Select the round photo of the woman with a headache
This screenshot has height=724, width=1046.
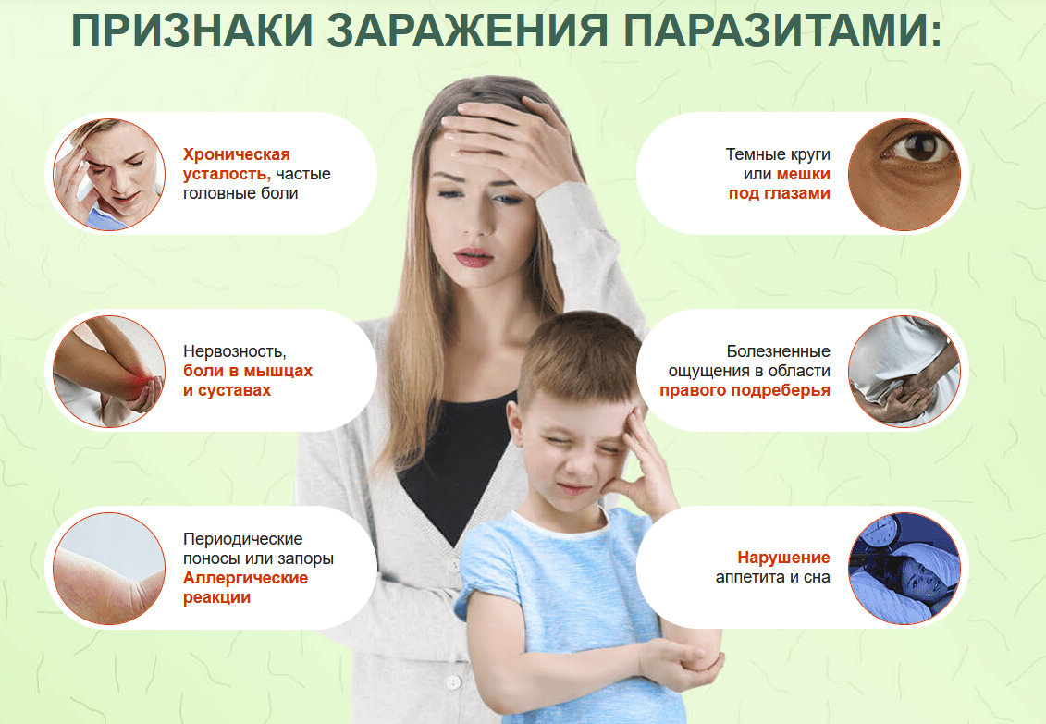(x=109, y=174)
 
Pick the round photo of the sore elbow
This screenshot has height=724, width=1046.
(x=109, y=371)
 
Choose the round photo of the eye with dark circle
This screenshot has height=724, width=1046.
(x=904, y=174)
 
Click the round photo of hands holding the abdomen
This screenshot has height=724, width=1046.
(x=904, y=371)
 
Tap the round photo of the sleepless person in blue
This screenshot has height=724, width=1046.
(x=904, y=568)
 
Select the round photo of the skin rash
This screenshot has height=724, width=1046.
(x=109, y=568)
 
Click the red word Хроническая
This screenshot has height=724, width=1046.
(x=237, y=154)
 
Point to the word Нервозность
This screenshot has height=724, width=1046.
(x=235, y=351)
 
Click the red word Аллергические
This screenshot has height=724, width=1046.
(x=245, y=578)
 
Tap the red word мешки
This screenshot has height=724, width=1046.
(x=803, y=174)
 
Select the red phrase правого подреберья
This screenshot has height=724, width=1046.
(x=745, y=390)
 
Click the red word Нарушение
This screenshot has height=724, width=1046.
(x=783, y=558)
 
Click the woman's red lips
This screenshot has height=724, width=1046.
(x=474, y=256)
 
